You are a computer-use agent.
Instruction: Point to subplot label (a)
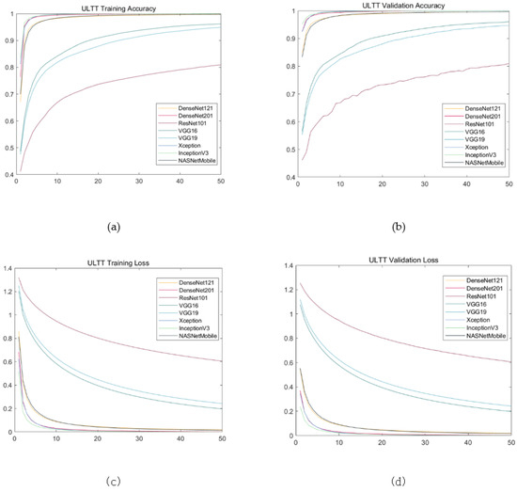(115, 227)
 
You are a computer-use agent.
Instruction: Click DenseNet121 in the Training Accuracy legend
(203, 109)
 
